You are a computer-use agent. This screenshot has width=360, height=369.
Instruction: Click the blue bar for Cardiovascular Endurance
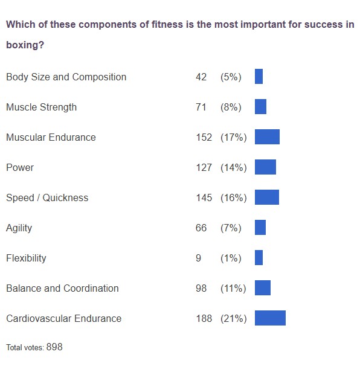[x=270, y=318]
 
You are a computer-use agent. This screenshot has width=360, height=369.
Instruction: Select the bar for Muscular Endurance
[x=267, y=136]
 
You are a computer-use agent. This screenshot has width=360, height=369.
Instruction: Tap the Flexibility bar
[x=259, y=257]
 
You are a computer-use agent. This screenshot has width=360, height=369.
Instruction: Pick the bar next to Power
[x=265, y=167]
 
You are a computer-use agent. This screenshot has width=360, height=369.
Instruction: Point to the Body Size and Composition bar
[x=259, y=76]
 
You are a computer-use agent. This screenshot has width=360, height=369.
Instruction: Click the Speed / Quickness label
[x=47, y=197]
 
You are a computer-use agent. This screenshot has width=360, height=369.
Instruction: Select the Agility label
[x=19, y=228]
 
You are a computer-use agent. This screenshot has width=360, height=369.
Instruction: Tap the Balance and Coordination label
[x=62, y=288]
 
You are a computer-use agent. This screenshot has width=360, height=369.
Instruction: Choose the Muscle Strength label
[x=41, y=107]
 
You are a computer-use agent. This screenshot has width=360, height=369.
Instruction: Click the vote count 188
[x=204, y=318]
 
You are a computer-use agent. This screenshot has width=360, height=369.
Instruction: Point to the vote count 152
[x=204, y=137]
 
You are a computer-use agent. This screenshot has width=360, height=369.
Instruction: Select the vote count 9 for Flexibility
[x=199, y=258]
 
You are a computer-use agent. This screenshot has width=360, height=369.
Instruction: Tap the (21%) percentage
[x=233, y=318]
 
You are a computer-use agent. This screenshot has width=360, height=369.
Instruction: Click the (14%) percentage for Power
[x=233, y=167]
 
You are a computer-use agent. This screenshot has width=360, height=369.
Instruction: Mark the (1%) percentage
[x=231, y=258]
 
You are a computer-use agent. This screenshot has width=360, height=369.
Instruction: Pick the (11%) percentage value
[x=233, y=288]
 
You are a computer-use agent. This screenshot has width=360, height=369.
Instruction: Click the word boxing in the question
[x=22, y=45]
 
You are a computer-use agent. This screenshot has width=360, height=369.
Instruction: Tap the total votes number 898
[x=54, y=347]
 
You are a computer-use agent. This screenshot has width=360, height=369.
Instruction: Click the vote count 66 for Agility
[x=201, y=228]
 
